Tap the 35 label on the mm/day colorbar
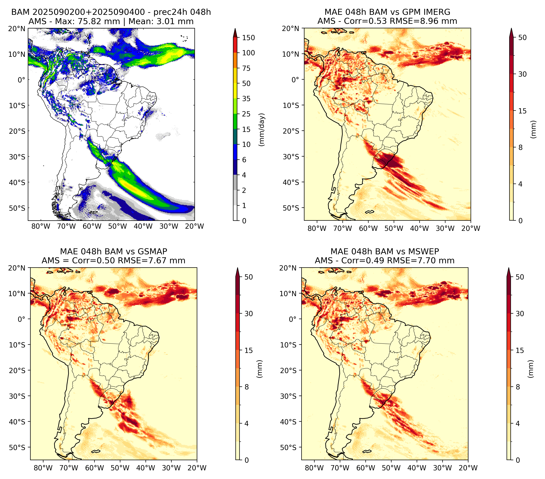246,99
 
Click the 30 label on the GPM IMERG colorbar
522,74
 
